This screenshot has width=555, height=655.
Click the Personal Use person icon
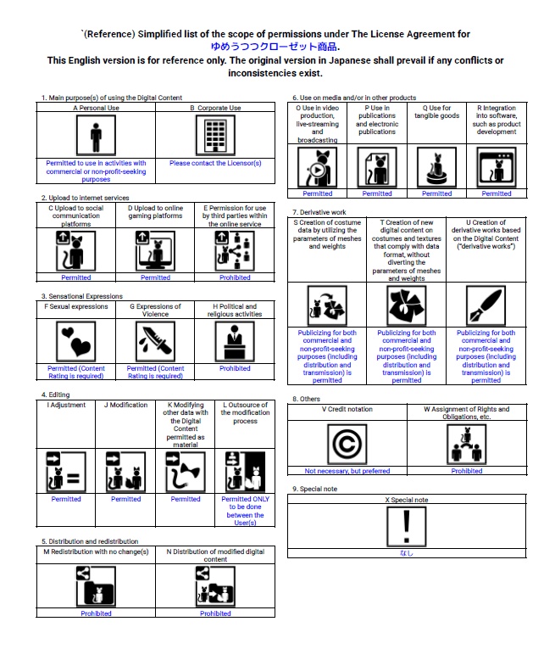(x=96, y=136)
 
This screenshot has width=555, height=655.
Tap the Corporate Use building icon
(x=215, y=136)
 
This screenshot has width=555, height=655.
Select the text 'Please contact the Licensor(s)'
(x=215, y=163)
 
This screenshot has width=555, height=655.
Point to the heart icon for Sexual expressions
(x=76, y=342)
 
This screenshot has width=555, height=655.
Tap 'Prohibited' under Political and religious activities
(x=235, y=369)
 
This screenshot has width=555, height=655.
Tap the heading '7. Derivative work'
(x=320, y=212)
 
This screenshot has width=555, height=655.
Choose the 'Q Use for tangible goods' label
(x=436, y=112)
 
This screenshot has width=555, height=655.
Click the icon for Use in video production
(x=318, y=166)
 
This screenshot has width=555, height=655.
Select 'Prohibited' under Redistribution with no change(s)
(x=96, y=613)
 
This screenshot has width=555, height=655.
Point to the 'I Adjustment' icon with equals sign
(x=66, y=472)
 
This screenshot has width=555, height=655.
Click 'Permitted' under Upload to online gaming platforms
(x=155, y=277)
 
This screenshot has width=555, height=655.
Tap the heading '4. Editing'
(x=57, y=395)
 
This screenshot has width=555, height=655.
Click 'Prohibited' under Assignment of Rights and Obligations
(x=467, y=471)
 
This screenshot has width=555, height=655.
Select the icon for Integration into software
(x=497, y=166)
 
